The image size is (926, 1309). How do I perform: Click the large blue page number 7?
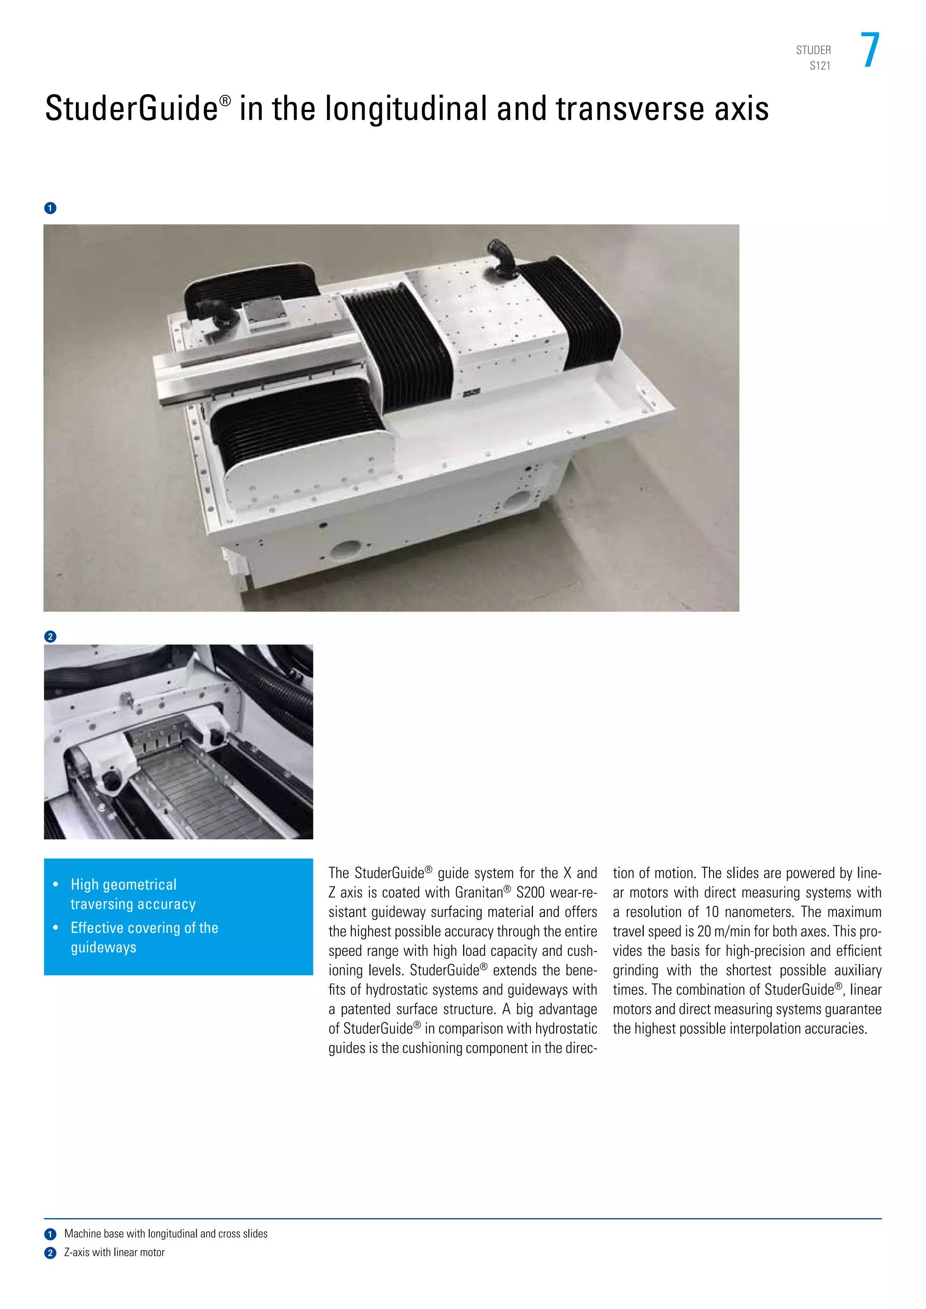pyautogui.click(x=870, y=50)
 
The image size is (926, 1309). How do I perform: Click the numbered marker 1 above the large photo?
pyautogui.click(x=50, y=208)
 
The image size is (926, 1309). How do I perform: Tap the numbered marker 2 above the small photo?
pyautogui.click(x=50, y=636)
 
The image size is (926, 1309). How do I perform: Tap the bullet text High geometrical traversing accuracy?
pyautogui.click(x=132, y=894)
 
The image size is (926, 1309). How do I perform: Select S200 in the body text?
pyautogui.click(x=530, y=892)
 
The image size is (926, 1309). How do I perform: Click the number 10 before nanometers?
pyautogui.click(x=712, y=912)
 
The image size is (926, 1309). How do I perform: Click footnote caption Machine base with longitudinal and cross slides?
pyautogui.click(x=165, y=1234)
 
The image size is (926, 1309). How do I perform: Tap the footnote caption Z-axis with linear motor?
pyautogui.click(x=114, y=1252)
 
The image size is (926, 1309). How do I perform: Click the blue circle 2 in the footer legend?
pyautogui.click(x=50, y=1253)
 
